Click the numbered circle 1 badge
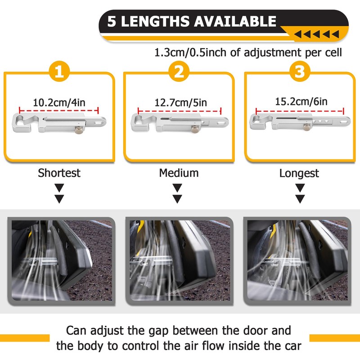tap(59, 71)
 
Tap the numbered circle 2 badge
tap(179, 71)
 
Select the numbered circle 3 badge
tap(300, 71)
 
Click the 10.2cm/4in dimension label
tap(59, 103)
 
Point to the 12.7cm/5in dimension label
tap(181, 103)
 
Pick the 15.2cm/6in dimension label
tap(301, 101)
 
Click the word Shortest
tap(59, 173)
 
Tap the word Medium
tap(179, 173)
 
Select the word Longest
tap(299, 173)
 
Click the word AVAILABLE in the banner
tap(235, 21)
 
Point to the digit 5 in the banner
tap(112, 22)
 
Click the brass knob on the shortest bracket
tap(79, 130)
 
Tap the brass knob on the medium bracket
tap(195, 129)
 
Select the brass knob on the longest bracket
tap(306, 127)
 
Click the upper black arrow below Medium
tap(177, 188)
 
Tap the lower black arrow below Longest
tap(300, 199)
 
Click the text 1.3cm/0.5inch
tap(191, 53)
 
